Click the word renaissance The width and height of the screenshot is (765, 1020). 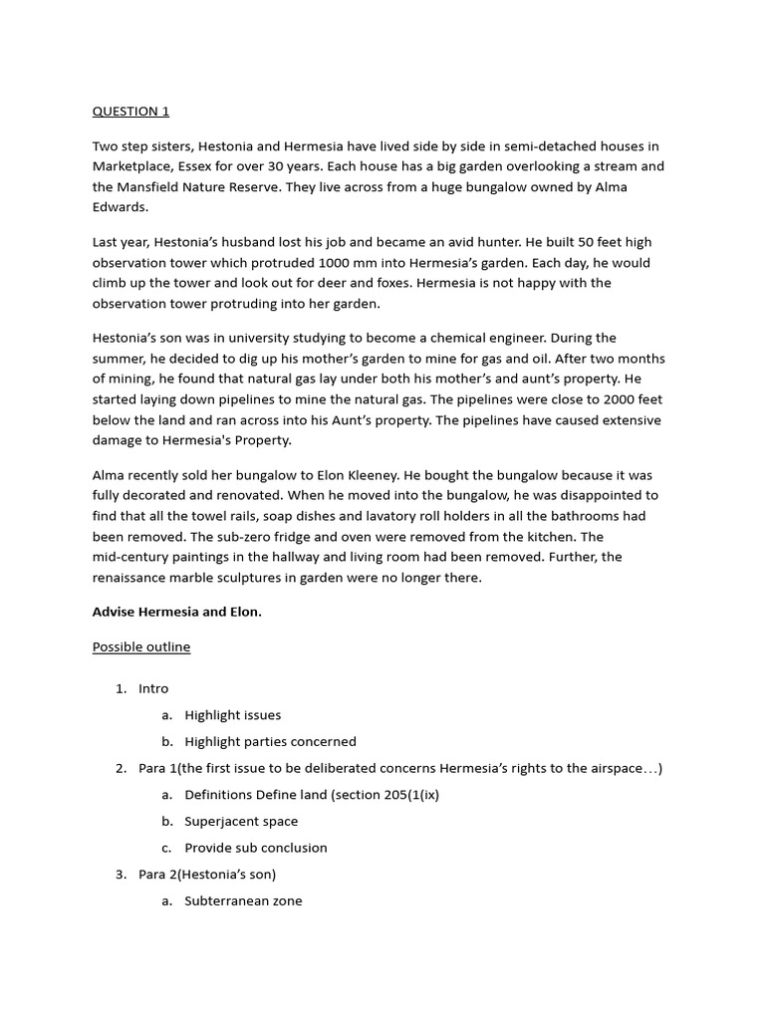134,578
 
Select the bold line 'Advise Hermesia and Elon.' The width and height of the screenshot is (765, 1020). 177,613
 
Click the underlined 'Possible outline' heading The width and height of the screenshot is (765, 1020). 141,647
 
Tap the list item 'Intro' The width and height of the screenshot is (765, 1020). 153,688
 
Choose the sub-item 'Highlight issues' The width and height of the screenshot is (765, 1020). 233,715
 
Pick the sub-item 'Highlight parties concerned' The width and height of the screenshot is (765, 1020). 270,741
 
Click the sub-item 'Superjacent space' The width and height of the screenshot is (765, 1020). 241,822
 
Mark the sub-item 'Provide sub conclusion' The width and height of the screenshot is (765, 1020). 256,848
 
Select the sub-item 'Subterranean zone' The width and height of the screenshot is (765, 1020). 243,901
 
